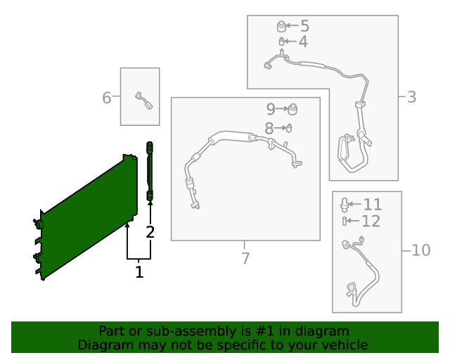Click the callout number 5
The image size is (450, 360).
(x=304, y=26)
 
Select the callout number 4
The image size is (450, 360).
(x=303, y=41)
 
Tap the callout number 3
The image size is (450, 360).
(x=411, y=97)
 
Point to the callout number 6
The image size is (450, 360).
(x=106, y=98)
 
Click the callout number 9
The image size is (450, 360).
(x=271, y=109)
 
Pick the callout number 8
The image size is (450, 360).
(x=269, y=129)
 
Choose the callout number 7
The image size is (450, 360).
(x=245, y=258)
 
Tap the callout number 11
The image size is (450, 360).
(x=373, y=205)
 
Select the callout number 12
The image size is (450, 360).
(x=371, y=221)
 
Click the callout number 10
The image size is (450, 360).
(x=421, y=250)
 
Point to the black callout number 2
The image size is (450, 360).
(x=150, y=231)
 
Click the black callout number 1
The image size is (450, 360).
(x=139, y=272)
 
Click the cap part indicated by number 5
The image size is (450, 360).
(x=281, y=26)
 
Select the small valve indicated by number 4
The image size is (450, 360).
(x=281, y=41)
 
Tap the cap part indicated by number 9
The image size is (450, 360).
(x=292, y=109)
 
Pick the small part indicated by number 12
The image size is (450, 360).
(x=345, y=221)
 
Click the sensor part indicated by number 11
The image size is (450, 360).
(x=344, y=205)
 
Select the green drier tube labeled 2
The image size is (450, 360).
(x=150, y=171)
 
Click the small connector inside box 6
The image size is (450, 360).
(x=143, y=101)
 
